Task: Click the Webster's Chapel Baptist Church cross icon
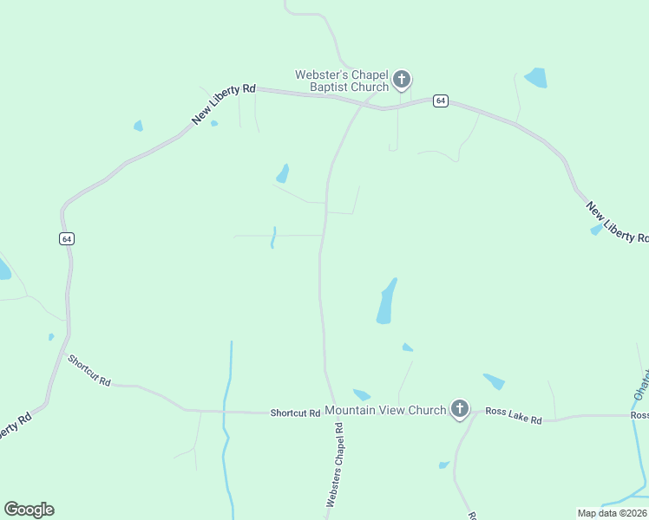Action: (401, 81)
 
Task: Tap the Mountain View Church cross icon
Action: (459, 409)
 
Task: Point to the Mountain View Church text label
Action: (385, 410)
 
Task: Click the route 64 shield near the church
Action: (441, 101)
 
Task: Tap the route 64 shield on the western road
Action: (66, 239)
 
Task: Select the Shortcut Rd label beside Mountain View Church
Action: (295, 413)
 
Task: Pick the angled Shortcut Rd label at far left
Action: (89, 370)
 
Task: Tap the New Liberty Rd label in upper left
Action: (224, 104)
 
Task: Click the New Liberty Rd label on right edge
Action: (617, 223)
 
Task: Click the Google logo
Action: (29, 510)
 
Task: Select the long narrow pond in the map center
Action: (386, 302)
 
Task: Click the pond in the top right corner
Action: (535, 77)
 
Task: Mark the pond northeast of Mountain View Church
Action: (494, 381)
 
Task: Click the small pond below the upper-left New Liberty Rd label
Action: (138, 127)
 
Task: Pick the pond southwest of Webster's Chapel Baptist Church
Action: (283, 173)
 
